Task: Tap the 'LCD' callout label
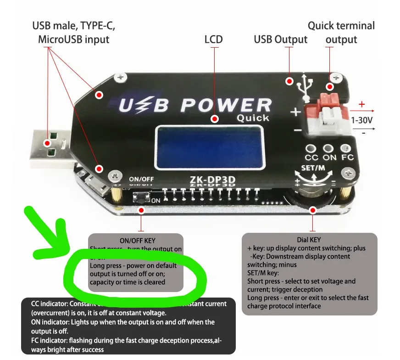pos(213,39)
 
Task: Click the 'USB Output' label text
pos(280,39)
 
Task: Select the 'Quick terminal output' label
pos(341,32)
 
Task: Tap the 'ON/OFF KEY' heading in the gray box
pos(137,240)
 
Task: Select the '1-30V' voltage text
pos(362,121)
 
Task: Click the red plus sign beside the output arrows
pos(362,104)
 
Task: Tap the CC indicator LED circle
pos(311,148)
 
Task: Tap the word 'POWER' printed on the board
pos(226,105)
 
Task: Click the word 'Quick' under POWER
pos(253,118)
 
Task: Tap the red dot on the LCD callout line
pos(214,118)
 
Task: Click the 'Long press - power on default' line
pos(133,265)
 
